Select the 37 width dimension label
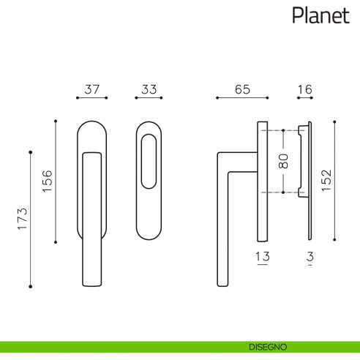tap(91, 89)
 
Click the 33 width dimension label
tap(149, 89)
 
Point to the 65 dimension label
tap(243, 89)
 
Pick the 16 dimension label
tap(304, 89)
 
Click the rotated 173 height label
tap(23, 220)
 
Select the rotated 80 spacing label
tap(283, 162)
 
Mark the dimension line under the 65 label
tap(243, 97)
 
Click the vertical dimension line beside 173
tap(31, 219)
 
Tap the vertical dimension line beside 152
tap(335, 180)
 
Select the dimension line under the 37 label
tap(91, 97)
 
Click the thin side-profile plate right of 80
tap(311, 180)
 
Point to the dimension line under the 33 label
tap(149, 97)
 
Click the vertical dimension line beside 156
tap(56, 181)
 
